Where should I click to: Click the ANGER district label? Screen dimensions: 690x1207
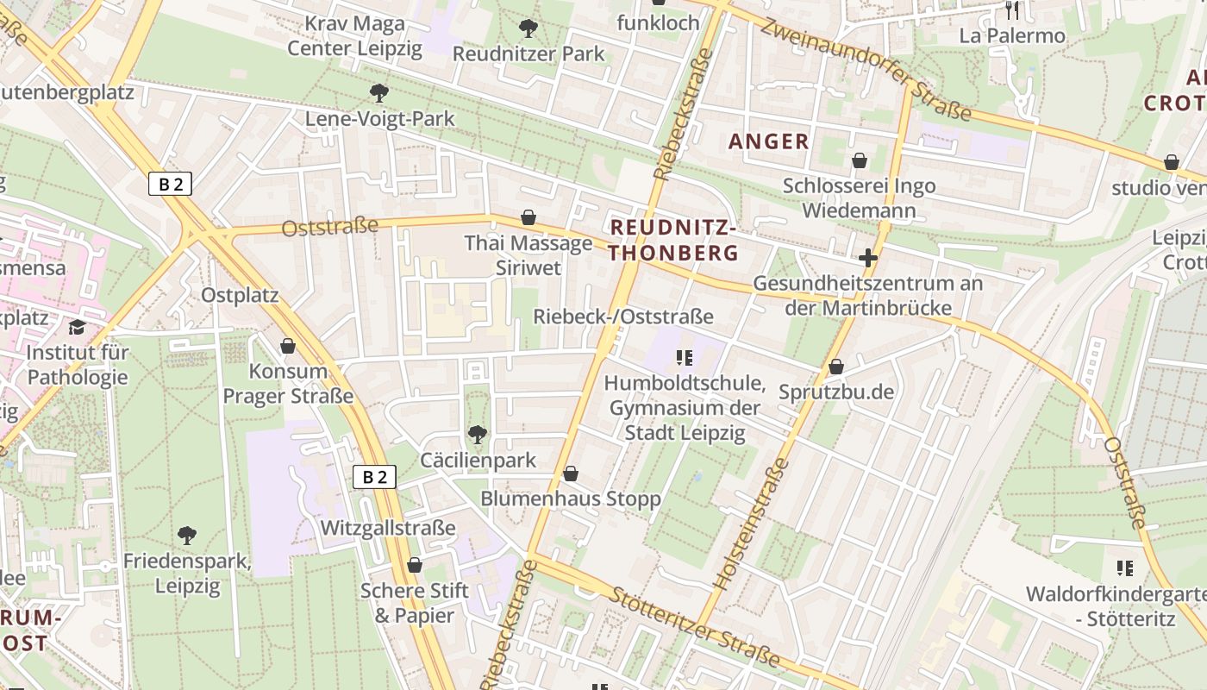coord(769,141)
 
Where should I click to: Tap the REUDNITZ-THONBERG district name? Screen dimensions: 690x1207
coord(673,241)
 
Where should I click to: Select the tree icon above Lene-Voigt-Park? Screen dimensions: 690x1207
coord(378,92)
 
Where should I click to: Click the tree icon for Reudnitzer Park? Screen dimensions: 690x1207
coord(528,28)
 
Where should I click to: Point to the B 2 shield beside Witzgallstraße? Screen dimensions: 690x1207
coord(374,477)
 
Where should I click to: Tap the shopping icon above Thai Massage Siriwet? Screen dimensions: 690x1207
coord(528,217)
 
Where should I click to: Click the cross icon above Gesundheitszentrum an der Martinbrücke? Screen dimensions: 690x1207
coord(867,258)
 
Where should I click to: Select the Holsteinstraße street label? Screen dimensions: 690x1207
coord(753,524)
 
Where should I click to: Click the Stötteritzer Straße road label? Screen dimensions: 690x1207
coord(694,627)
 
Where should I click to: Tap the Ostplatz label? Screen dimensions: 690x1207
coord(240,295)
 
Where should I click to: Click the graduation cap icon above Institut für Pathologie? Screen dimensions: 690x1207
coord(78,327)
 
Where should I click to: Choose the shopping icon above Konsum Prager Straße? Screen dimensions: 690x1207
coord(288,346)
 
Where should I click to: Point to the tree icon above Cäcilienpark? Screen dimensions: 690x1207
coord(477,434)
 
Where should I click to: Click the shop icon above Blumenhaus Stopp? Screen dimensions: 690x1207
coord(570,474)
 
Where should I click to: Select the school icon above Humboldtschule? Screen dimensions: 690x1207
coord(685,357)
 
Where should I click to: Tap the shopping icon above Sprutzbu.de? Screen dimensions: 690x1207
coord(835,367)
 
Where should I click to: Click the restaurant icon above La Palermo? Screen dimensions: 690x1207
coord(1012,10)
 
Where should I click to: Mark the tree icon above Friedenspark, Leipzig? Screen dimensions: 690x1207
coord(186,536)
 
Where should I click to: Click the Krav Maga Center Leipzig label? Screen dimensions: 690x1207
coord(355,35)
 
